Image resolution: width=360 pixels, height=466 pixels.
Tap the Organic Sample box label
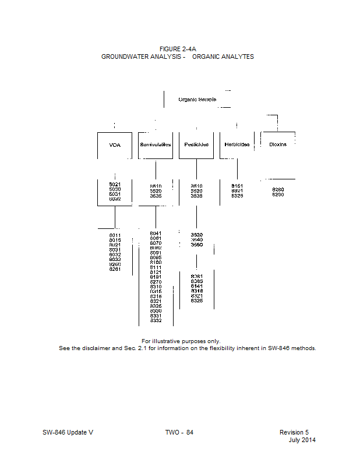[197, 100]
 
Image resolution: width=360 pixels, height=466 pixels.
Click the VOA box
[115, 144]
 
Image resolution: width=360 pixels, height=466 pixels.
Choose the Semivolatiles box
[156, 144]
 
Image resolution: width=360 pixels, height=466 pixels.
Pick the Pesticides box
[196, 144]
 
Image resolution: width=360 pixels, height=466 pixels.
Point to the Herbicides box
[237, 144]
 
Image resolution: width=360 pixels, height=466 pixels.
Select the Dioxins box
[278, 144]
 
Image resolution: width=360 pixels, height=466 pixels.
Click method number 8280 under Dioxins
[278, 189]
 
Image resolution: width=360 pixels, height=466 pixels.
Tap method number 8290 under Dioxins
[278, 195]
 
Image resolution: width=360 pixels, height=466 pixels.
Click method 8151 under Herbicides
[237, 186]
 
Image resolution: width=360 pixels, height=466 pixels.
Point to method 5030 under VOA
[115, 189]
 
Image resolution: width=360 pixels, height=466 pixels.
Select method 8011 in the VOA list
[115, 235]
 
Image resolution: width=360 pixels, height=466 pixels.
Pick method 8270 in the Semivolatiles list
[156, 282]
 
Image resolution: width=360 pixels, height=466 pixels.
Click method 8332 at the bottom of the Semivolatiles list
[156, 320]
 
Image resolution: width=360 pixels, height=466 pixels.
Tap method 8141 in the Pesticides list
[197, 285]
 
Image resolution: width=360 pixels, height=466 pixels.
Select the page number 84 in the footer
[189, 432]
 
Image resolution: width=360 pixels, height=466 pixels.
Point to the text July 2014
[302, 440]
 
